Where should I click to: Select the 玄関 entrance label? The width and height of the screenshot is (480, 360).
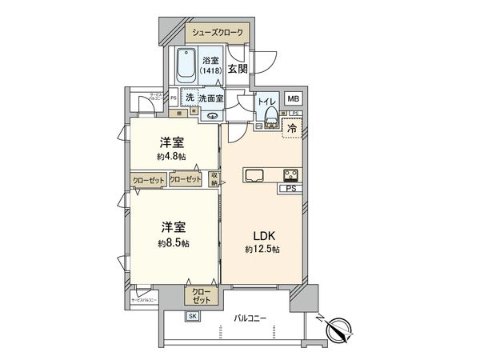pos(238,70)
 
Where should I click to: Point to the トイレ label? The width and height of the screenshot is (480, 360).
pos(266,101)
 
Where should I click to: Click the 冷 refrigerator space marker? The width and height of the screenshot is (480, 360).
pos(293,126)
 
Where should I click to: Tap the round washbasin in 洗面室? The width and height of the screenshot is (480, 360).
pos(213,115)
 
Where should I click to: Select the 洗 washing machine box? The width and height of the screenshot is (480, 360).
pos(190,97)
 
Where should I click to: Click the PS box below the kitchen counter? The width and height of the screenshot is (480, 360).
pos(289,189)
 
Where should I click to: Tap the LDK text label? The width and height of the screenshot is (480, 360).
pos(264,237)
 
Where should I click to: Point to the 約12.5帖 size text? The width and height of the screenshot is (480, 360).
pos(264,250)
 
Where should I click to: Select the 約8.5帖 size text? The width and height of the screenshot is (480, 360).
pos(174,241)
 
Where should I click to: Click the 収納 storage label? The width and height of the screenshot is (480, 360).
pos(214,179)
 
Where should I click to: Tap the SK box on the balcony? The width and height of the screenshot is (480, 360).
pos(193,317)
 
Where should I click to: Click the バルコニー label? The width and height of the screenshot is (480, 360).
pos(250,318)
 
